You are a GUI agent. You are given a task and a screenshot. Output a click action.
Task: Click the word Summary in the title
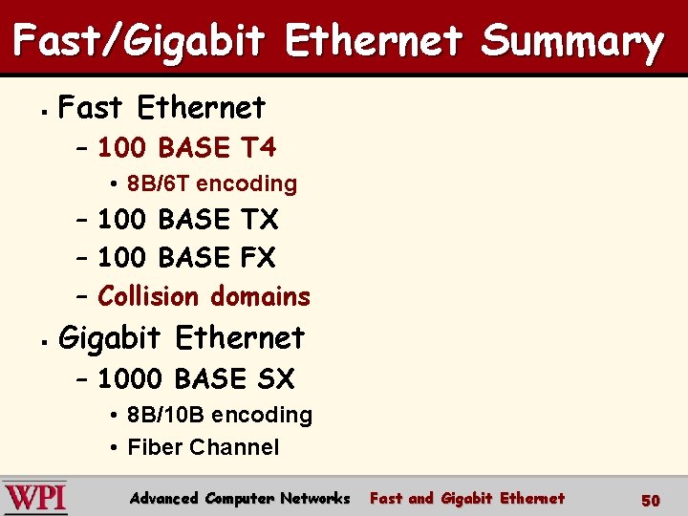point(571,42)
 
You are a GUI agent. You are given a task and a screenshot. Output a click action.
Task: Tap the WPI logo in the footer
point(35,498)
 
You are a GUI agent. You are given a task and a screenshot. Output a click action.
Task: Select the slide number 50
point(650,500)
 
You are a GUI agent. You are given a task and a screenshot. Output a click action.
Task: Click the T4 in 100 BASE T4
point(258,148)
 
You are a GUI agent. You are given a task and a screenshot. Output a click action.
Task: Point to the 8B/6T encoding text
point(212,183)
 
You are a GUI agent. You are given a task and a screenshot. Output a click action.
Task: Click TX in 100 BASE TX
point(259,220)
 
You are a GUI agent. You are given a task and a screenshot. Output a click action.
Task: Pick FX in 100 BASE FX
point(258,258)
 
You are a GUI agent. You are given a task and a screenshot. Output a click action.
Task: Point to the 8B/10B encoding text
point(220,415)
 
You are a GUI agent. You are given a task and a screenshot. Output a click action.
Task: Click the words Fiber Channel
point(203,447)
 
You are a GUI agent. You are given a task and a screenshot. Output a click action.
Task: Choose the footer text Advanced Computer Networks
point(240,498)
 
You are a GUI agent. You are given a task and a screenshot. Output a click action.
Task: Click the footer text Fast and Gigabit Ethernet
point(466,498)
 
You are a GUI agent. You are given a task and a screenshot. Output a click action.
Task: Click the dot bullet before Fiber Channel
point(113,447)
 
